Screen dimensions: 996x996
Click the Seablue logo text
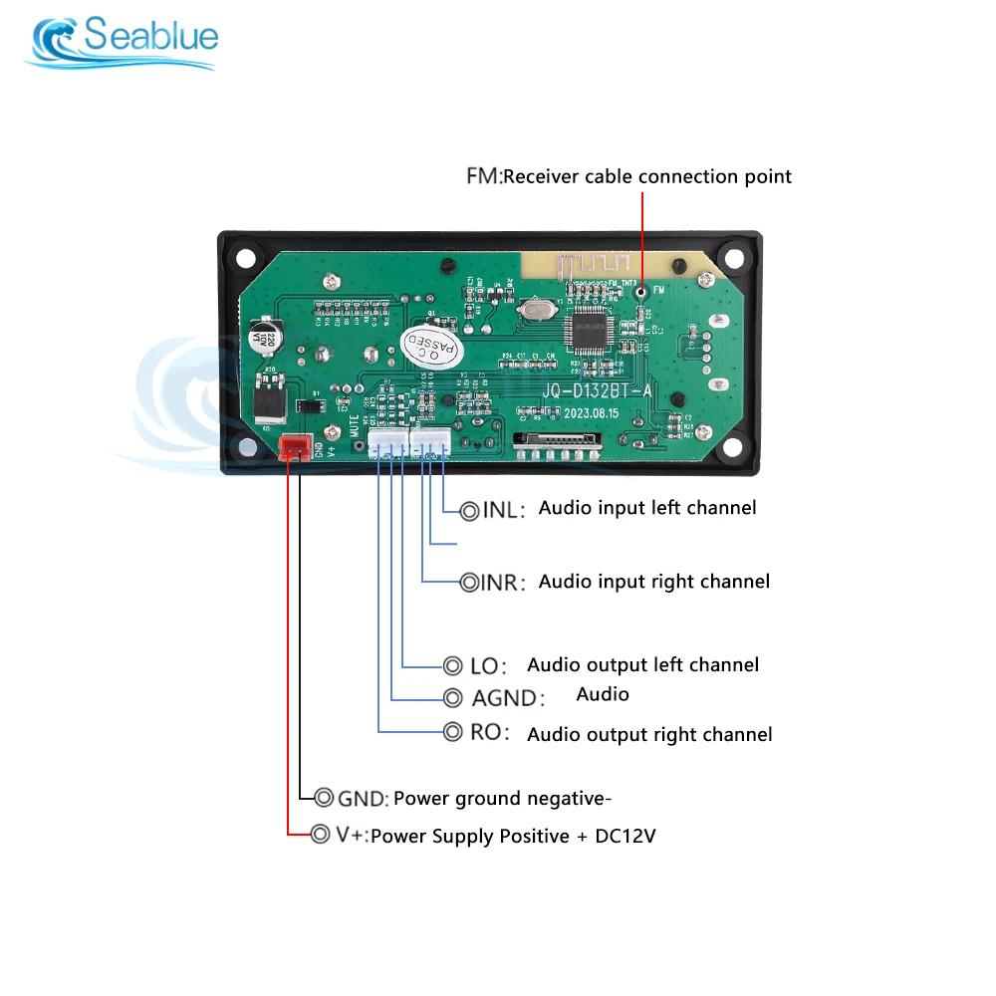(150, 37)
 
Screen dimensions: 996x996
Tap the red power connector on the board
(295, 447)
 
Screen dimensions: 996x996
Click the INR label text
(502, 583)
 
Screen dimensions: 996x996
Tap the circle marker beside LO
(452, 665)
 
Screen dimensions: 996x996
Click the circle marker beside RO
(452, 732)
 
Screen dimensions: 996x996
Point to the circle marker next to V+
(320, 834)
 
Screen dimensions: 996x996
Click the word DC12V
(625, 836)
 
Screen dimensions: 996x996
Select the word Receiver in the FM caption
(569, 176)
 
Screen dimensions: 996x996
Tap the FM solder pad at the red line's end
(642, 292)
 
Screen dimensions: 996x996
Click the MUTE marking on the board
(355, 429)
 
